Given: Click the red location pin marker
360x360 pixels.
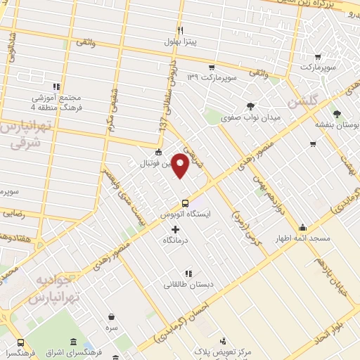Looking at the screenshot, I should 181,166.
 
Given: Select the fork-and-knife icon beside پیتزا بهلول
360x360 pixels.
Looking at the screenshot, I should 181,30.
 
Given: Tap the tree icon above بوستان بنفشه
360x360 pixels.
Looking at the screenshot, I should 337,112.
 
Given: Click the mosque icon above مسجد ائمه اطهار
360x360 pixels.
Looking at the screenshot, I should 302,227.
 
